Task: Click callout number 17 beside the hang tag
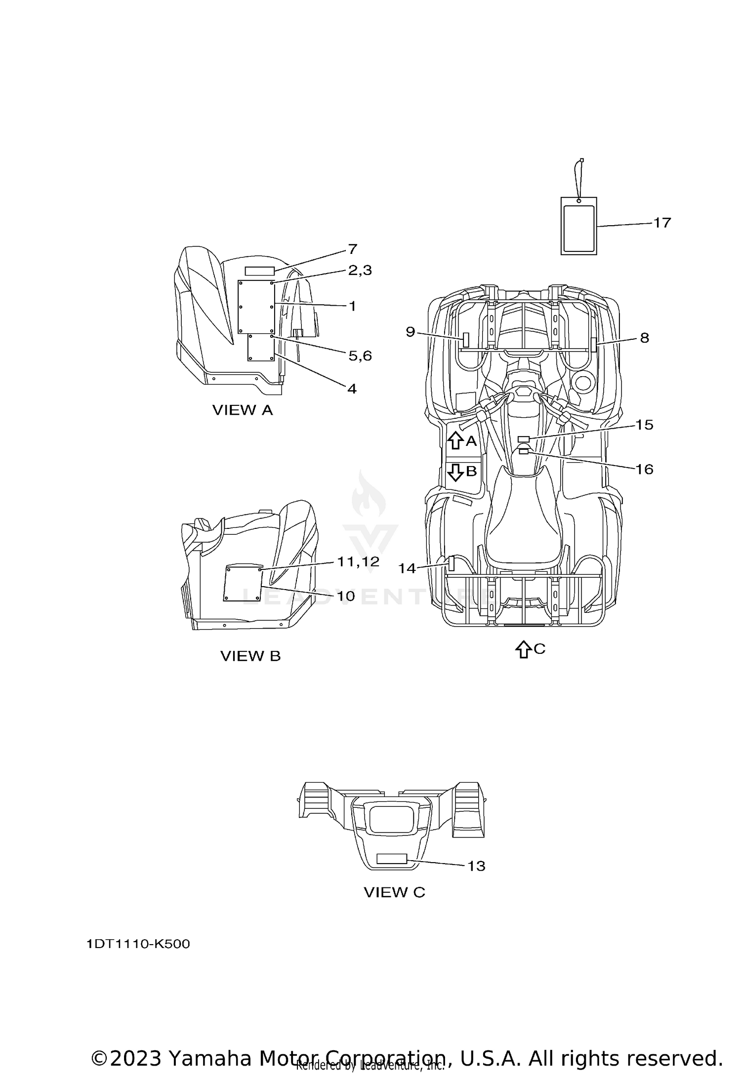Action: click(x=662, y=223)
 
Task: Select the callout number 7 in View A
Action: click(x=352, y=249)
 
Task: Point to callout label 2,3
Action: click(x=360, y=270)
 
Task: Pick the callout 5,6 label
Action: click(x=360, y=356)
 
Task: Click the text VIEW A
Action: click(x=243, y=410)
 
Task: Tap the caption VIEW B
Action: click(x=250, y=656)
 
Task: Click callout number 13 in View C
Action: click(x=476, y=866)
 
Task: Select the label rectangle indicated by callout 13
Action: click(x=391, y=858)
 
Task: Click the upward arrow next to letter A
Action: click(x=455, y=440)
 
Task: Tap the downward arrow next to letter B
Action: click(x=455, y=472)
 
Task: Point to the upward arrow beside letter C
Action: click(x=523, y=649)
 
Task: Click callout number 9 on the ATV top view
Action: click(x=411, y=332)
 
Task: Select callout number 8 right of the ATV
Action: click(x=644, y=338)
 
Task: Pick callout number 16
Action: click(x=644, y=469)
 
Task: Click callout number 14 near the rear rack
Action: click(x=407, y=569)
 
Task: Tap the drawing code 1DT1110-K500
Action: click(x=138, y=944)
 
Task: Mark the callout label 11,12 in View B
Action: click(x=358, y=561)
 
